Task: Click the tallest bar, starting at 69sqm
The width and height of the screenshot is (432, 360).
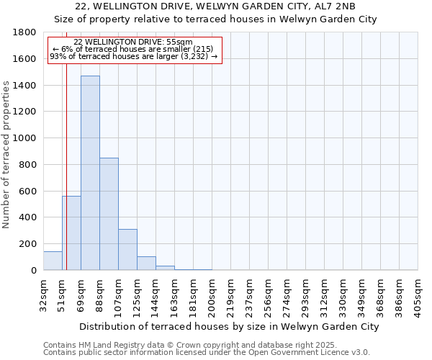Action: (x=90, y=173)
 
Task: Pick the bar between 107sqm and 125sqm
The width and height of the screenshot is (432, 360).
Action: (x=127, y=249)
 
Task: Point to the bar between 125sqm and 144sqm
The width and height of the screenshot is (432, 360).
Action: (x=146, y=264)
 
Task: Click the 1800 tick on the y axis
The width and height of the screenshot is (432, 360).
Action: (x=27, y=32)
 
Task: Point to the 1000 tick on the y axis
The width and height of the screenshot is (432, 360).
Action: (x=27, y=138)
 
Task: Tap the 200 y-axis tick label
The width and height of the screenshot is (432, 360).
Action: (x=30, y=244)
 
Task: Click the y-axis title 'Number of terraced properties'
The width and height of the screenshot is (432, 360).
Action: (x=7, y=155)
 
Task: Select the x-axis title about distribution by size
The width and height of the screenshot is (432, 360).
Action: (x=229, y=326)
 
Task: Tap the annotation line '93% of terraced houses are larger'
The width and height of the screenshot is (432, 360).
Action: (x=133, y=56)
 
